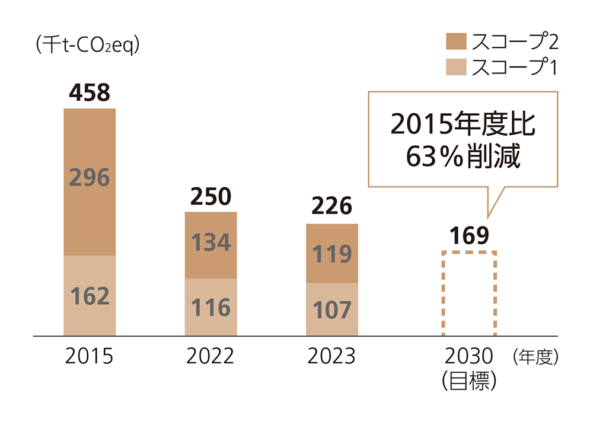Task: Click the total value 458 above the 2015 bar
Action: [90, 93]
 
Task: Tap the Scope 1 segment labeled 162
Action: [90, 296]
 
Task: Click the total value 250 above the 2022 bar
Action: [211, 196]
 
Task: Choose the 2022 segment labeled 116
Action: [211, 308]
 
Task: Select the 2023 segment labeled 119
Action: [331, 254]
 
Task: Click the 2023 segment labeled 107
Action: [331, 310]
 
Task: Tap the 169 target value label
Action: [468, 235]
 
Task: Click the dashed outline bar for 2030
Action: [468, 294]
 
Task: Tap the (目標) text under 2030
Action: [468, 381]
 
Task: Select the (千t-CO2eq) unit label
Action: [87, 45]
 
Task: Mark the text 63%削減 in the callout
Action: [463, 157]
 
